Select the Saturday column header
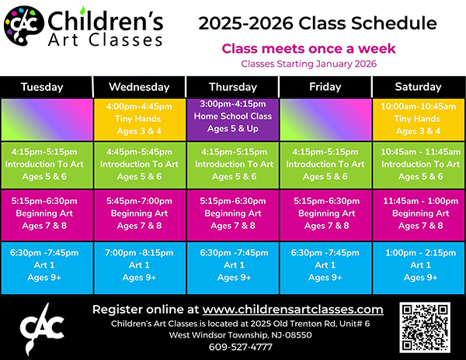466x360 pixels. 419,87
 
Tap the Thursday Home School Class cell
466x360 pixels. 233,119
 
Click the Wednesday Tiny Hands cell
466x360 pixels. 140,119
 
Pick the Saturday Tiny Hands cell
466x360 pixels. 419,119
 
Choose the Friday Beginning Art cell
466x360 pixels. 325,215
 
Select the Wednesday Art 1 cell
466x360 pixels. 140,268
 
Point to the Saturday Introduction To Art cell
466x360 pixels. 419,165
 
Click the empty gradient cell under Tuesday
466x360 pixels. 47,119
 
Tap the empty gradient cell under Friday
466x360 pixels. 325,119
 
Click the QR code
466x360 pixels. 425,327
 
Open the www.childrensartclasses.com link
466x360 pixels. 293,310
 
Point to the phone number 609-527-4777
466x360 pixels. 241,347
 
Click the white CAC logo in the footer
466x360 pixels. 42,329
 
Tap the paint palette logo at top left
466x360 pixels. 24,26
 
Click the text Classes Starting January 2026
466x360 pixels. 309,64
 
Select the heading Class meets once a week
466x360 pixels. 308,49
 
